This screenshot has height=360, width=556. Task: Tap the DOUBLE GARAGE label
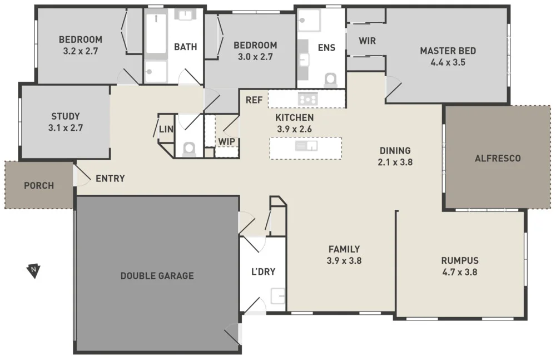pyautogui.click(x=157, y=275)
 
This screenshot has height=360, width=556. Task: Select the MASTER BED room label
pyautogui.click(x=448, y=51)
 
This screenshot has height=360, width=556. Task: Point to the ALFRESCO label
pyautogui.click(x=498, y=159)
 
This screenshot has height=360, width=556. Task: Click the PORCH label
pyautogui.click(x=39, y=185)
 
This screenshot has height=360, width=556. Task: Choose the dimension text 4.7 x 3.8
pyautogui.click(x=459, y=272)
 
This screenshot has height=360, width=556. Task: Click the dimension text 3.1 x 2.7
pyautogui.click(x=65, y=127)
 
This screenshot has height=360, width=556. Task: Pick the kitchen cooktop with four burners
pyautogui.click(x=307, y=100)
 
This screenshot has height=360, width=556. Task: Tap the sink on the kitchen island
pyautogui.click(x=306, y=146)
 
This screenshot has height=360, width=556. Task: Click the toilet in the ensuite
pyautogui.click(x=330, y=80)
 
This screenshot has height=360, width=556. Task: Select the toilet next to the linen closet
pyautogui.click(x=190, y=149)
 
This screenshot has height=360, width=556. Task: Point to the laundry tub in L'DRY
pyautogui.click(x=278, y=296)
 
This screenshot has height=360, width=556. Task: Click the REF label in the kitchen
pyautogui.click(x=254, y=100)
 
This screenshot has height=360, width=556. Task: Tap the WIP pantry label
pyautogui.click(x=226, y=141)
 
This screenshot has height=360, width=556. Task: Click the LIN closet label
pyautogui.click(x=166, y=129)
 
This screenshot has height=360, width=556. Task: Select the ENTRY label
pyautogui.click(x=110, y=179)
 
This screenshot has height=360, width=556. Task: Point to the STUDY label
pyautogui.click(x=65, y=116)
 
